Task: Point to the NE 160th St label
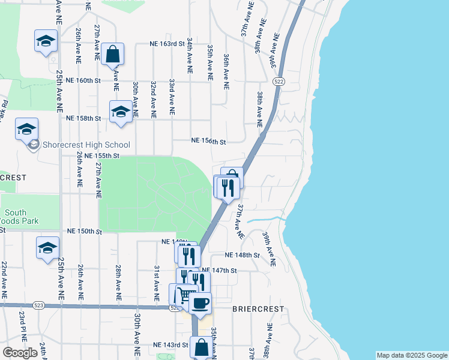coord(83,80)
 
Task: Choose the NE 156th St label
coord(208,142)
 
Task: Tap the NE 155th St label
coord(103,155)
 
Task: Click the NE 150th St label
coord(84,231)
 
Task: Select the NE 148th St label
coord(242,255)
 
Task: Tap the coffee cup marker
coord(200,302)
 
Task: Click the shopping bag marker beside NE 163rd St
coord(112,55)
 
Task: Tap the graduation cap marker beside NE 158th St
coord(121,112)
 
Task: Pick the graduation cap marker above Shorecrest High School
coord(27,129)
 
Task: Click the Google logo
coord(20,353)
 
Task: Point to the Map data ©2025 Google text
coord(412,355)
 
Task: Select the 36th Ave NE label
coord(226,71)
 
